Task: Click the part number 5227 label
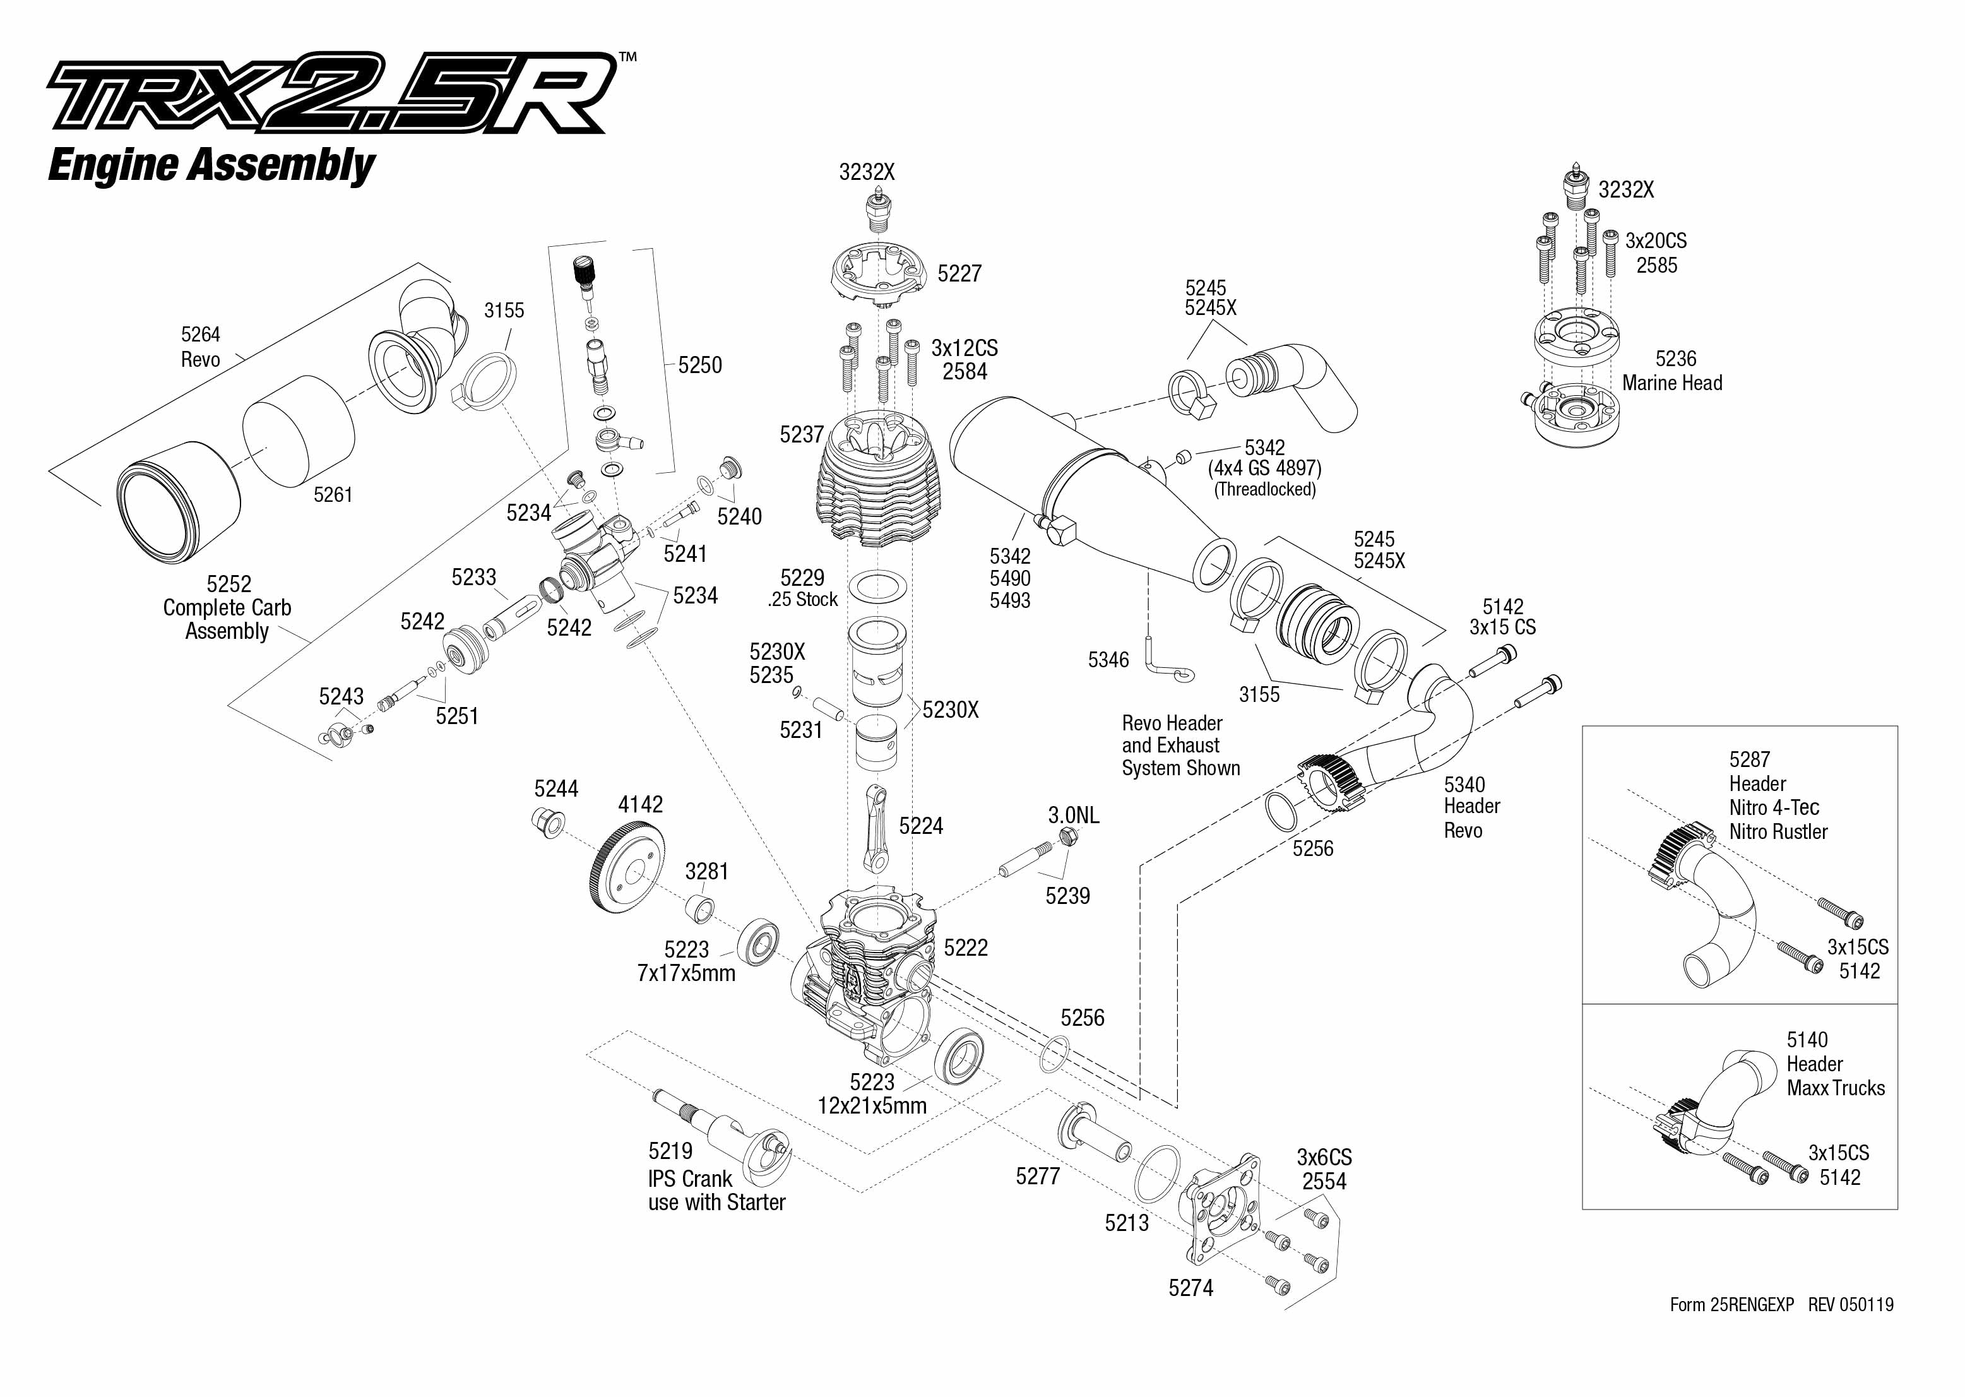[959, 273]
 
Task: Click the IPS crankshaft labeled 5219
[722, 1136]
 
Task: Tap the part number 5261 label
[333, 495]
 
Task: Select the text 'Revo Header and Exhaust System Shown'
[1180, 746]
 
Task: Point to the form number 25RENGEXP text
[1732, 1305]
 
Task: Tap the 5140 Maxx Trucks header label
[1835, 1064]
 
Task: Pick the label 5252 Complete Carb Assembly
[227, 607]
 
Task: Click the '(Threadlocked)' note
[1264, 489]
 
